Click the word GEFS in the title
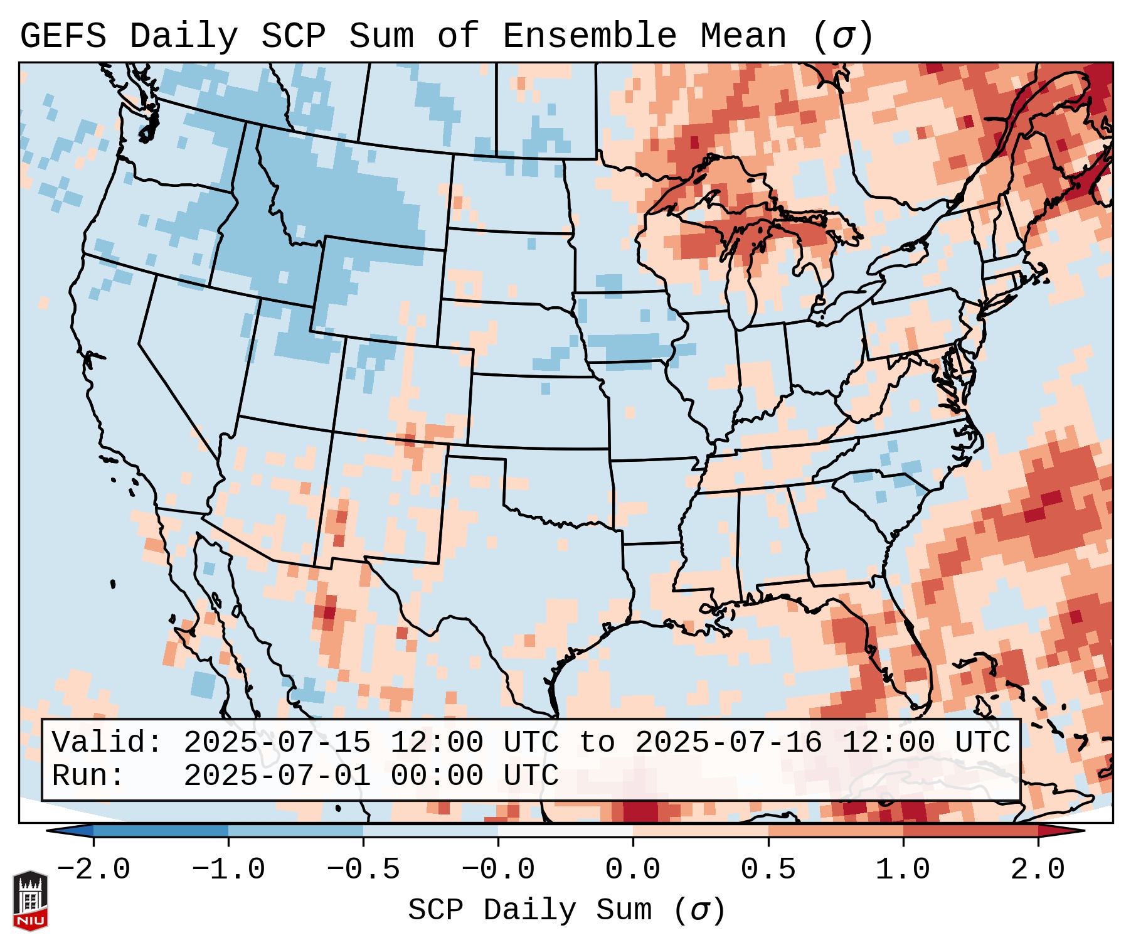pos(63,36)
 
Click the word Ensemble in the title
pos(589,36)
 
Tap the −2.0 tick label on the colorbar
pos(93,870)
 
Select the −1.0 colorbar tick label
pos(228,870)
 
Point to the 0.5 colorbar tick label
pos(768,870)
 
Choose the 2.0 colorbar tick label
pos(1038,870)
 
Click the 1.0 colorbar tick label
pos(903,870)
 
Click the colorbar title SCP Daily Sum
pos(530,910)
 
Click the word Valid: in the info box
pos(107,742)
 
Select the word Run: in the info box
pos(88,776)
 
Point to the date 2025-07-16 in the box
pos(728,742)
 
